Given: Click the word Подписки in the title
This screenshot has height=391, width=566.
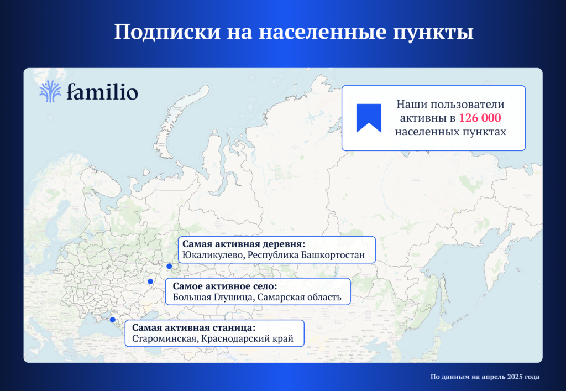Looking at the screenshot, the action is tap(167, 32).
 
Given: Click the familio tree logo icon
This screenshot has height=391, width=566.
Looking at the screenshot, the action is tap(50, 91).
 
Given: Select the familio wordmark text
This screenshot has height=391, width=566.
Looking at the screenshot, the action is tap(102, 91).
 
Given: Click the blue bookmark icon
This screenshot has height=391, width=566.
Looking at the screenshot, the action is tap(369, 118).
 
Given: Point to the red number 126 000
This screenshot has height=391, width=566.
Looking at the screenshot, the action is tap(480, 118).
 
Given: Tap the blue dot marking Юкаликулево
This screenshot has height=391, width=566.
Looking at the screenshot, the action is tap(169, 266).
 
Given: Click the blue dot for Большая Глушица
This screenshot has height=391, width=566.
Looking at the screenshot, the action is tap(150, 281).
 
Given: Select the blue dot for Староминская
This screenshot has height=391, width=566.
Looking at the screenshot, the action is tap(113, 320).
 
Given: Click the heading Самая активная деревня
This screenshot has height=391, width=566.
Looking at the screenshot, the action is tap(244, 244).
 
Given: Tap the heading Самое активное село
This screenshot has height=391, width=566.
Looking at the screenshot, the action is tap(225, 286).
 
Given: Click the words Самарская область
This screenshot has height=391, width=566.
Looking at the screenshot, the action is tap(299, 298).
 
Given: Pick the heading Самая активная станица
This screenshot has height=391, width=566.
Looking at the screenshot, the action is tap(194, 327).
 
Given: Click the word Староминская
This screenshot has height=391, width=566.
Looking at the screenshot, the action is tap(165, 339).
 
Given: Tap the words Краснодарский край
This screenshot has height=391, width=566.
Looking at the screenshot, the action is tap(247, 339).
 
